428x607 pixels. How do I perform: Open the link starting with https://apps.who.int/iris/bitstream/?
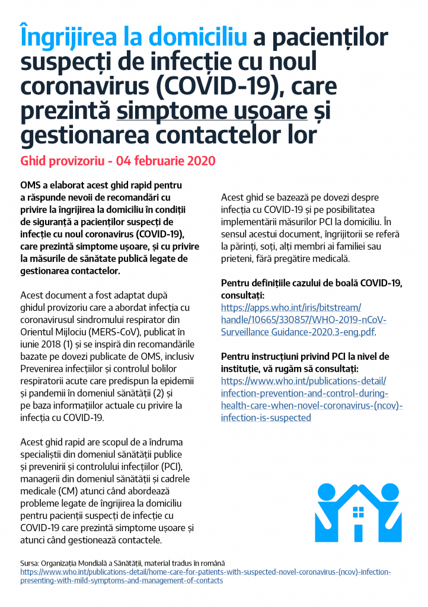point(290,307)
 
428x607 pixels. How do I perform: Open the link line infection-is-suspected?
point(266,417)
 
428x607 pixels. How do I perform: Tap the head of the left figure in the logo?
point(325,490)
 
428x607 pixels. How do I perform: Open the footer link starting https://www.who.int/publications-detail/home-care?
point(206,571)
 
